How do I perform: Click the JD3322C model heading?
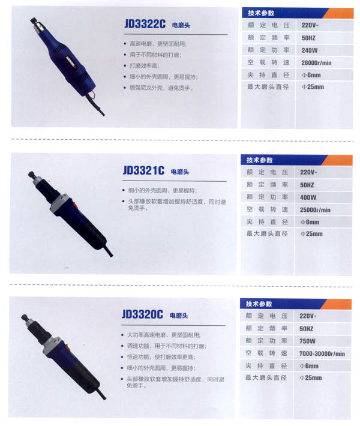click(145, 24)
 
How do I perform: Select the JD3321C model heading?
click(143, 170)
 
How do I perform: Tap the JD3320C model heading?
click(142, 314)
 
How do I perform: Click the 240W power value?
click(309, 50)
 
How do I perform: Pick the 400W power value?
click(308, 197)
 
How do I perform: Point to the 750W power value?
click(307, 341)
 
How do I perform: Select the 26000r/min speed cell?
click(316, 63)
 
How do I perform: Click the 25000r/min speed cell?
click(315, 210)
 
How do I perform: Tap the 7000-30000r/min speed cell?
click(322, 353)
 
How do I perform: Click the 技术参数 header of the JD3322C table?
click(261, 13)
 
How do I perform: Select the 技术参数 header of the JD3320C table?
click(259, 304)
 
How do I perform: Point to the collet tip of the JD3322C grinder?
click(34, 20)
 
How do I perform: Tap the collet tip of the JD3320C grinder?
click(25, 317)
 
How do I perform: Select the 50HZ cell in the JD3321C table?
click(307, 185)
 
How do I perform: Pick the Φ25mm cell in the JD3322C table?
click(313, 87)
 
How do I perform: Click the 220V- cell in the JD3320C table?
click(308, 316)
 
